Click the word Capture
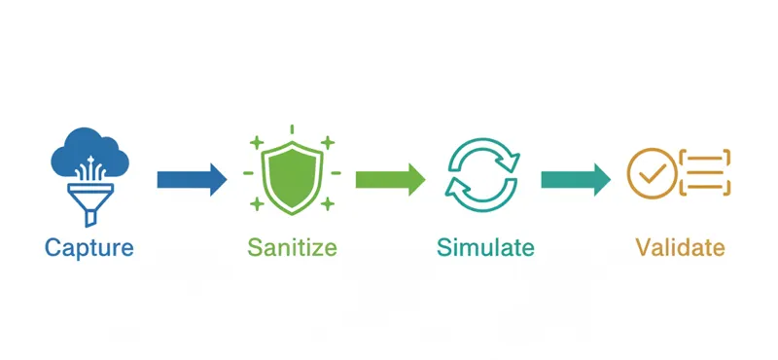tap(88, 247)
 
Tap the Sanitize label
tap(292, 247)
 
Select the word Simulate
tap(485, 247)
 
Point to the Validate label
tap(680, 247)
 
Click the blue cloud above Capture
tap(88, 151)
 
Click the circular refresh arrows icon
tap(483, 176)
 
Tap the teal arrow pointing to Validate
tap(575, 178)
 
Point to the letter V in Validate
tap(643, 247)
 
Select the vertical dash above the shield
tap(292, 130)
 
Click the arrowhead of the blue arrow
tap(217, 178)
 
